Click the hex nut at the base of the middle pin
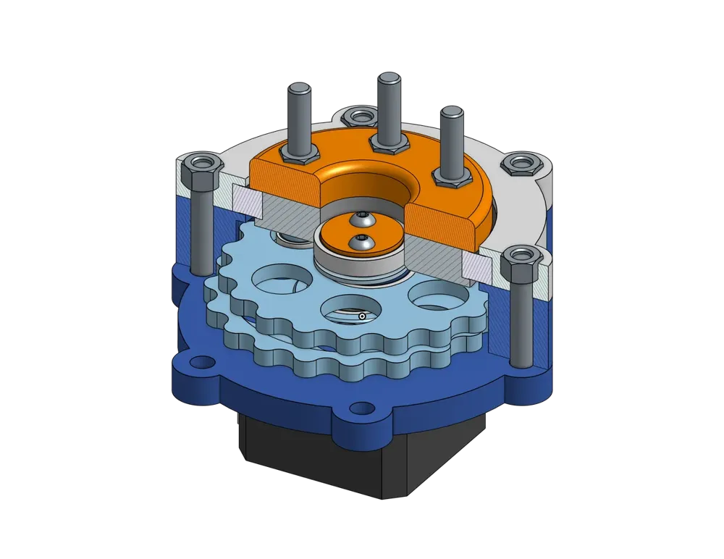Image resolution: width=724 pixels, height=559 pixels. [387, 143]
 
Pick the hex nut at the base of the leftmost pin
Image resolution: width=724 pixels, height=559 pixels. [299, 154]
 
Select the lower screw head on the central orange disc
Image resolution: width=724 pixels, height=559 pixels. [361, 244]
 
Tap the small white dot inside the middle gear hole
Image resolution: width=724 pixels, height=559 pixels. [361, 316]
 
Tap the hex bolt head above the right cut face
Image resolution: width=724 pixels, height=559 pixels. [519, 265]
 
